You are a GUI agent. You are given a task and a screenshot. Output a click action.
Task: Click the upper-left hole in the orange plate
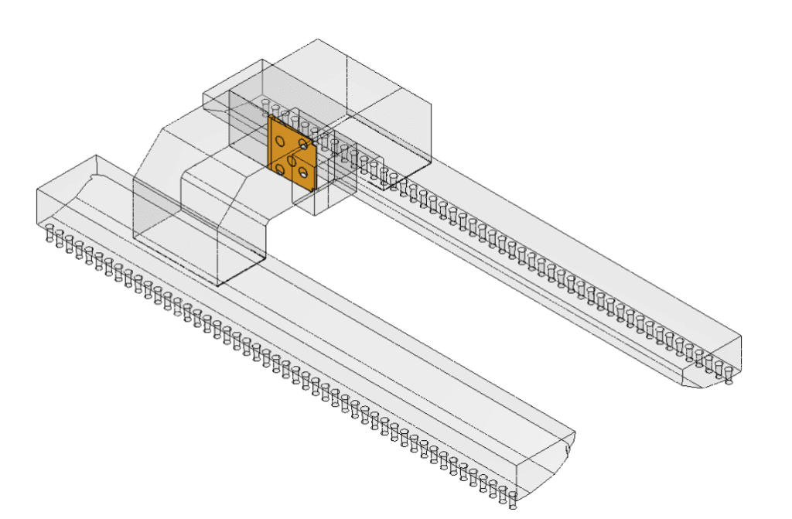click(278, 142)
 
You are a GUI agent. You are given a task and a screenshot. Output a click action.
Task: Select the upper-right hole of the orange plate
click(304, 145)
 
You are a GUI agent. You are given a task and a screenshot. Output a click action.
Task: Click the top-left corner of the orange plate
click(268, 118)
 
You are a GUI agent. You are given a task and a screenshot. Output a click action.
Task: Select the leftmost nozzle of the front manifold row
click(49, 233)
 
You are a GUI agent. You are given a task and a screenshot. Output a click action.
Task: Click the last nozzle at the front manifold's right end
click(512, 500)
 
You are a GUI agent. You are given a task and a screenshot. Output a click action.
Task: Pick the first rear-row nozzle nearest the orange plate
click(265, 104)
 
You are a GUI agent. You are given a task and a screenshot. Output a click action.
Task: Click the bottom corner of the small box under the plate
click(315, 215)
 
